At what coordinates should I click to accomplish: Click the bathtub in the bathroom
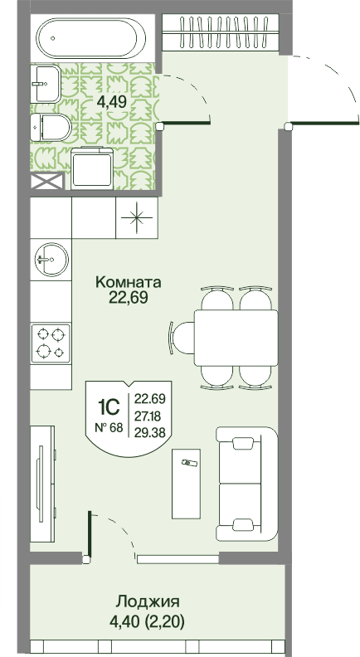(91, 37)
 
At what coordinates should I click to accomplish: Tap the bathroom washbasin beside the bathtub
(46, 84)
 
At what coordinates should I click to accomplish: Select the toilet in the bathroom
(51, 128)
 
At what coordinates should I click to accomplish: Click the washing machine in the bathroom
(92, 168)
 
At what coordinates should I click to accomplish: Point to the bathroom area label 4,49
(111, 102)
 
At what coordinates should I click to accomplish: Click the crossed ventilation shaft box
(47, 181)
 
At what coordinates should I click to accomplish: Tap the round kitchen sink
(51, 260)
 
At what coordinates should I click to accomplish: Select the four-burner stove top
(51, 343)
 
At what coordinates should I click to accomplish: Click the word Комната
(129, 282)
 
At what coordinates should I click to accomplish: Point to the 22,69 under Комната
(129, 298)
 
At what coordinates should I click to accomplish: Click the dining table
(236, 338)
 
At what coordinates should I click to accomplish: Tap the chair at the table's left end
(182, 338)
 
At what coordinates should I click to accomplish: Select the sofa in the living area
(247, 484)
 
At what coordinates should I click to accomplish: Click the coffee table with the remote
(186, 484)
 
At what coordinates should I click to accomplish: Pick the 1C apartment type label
(109, 406)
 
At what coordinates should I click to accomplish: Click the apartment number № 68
(109, 428)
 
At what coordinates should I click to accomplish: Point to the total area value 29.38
(149, 431)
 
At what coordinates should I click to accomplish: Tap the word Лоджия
(148, 602)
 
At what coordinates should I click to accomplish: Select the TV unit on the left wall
(42, 484)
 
